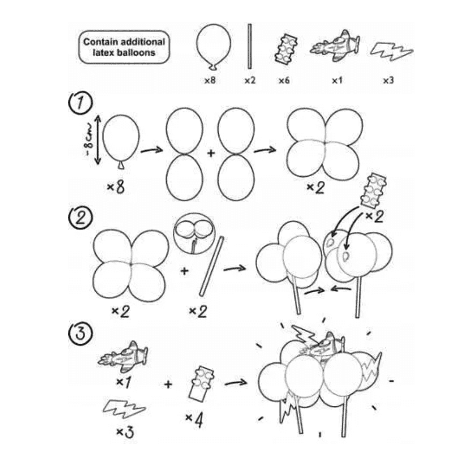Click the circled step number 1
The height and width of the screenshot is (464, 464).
coord(80,102)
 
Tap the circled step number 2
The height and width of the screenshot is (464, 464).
coord(80,217)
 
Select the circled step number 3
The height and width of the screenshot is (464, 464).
coord(80,334)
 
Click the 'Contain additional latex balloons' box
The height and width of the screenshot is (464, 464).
coord(124,47)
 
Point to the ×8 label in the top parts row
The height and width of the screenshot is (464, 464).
coord(210,80)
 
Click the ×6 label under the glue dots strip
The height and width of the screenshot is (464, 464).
coord(284,80)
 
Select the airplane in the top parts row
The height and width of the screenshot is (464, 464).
coord(336,46)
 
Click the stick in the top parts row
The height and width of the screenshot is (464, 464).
coord(250,46)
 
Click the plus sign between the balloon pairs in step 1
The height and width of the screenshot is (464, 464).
coord(211,153)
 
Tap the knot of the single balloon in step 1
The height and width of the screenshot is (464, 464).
coord(121,166)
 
